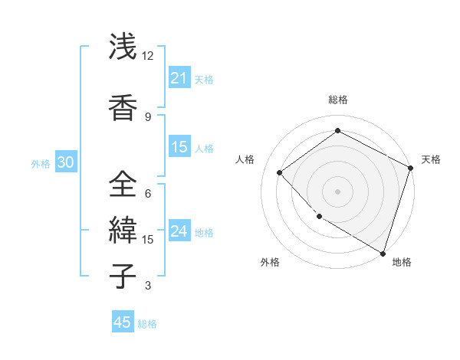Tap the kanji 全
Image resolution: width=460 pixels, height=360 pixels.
point(123,184)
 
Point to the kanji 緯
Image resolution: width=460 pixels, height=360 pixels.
point(123,230)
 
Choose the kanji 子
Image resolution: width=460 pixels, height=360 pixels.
point(123,276)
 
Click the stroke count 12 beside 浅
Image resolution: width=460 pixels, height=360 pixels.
point(148,56)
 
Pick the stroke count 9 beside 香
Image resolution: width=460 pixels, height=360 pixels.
point(148,116)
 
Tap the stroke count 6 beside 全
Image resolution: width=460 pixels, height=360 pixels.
point(148,193)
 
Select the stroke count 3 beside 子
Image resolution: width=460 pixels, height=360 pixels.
point(148,286)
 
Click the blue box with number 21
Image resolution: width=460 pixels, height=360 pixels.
point(179,78)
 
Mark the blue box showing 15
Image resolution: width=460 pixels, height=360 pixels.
point(179,148)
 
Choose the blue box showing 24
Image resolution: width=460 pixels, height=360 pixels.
point(179,232)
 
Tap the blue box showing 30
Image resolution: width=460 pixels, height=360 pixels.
point(64,163)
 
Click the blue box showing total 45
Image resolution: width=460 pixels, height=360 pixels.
point(123,322)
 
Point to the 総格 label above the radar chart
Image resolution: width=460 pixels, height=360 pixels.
point(337,100)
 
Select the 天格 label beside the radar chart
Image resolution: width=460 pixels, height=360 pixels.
point(431,159)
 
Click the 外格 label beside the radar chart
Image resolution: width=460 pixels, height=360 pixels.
point(270,262)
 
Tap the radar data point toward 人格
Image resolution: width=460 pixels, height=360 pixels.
point(280,173)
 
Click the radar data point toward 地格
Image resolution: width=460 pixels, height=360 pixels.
point(383,253)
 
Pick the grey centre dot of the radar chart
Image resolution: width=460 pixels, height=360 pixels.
point(337,191)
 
